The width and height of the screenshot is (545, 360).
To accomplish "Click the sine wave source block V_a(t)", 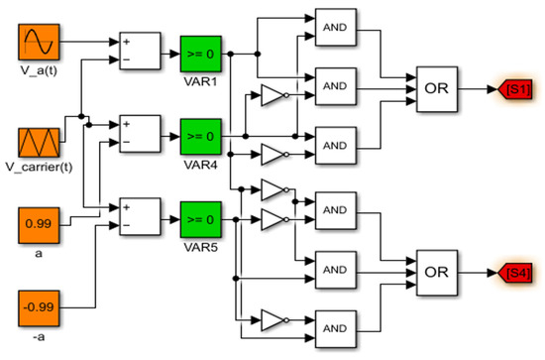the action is click(39, 42).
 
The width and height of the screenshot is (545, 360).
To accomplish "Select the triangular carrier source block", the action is click(39, 143).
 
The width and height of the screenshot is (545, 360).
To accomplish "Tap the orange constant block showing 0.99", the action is click(39, 225).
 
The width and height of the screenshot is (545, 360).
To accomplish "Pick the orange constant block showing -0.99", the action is click(39, 308).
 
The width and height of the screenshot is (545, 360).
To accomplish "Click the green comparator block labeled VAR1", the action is click(201, 54).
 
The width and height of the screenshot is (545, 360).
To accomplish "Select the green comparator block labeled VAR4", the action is click(201, 136).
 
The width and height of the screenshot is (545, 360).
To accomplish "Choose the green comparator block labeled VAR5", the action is click(201, 219).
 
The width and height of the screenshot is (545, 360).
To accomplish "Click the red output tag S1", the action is click(515, 89).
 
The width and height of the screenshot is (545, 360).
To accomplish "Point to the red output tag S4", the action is click(515, 273).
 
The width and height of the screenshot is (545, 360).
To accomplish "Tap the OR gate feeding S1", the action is click(437, 89).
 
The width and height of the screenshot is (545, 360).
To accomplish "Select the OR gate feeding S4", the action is click(437, 273).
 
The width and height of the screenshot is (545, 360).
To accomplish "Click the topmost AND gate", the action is click(336, 27).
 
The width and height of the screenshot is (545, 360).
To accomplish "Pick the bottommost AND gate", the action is click(336, 328).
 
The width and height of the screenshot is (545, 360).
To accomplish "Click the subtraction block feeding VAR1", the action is click(140, 51).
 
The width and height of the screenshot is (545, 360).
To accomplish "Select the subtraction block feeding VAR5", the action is click(140, 216).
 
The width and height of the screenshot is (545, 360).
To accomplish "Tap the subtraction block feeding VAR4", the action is click(140, 134).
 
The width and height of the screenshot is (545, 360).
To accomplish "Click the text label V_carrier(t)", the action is click(39, 167).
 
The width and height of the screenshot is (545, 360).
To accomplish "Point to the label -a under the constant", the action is click(39, 337).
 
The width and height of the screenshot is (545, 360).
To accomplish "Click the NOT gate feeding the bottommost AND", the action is click(274, 320).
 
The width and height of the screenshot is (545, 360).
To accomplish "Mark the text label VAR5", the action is click(200, 247).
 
